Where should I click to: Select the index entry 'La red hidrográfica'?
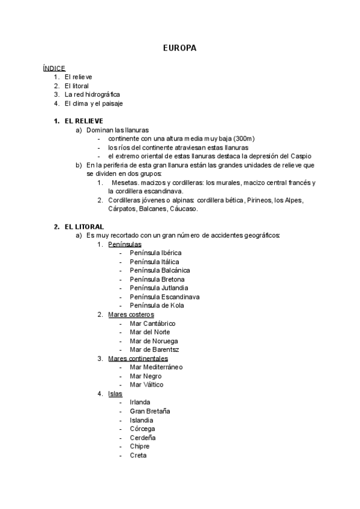[x=92, y=95]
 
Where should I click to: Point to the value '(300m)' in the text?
[x=244, y=139]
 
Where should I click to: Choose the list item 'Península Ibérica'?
[x=155, y=253]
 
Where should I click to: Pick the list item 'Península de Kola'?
[x=157, y=306]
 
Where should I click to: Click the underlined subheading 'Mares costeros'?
[x=131, y=315]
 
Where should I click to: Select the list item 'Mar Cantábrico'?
[x=152, y=324]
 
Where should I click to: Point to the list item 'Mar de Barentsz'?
[x=154, y=349]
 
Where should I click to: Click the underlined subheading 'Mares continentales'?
[x=138, y=358]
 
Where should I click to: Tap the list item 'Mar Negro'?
[x=146, y=376]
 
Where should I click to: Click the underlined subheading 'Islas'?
[x=116, y=394]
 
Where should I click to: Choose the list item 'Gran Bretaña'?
[x=150, y=411]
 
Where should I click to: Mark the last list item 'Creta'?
[x=139, y=455]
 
